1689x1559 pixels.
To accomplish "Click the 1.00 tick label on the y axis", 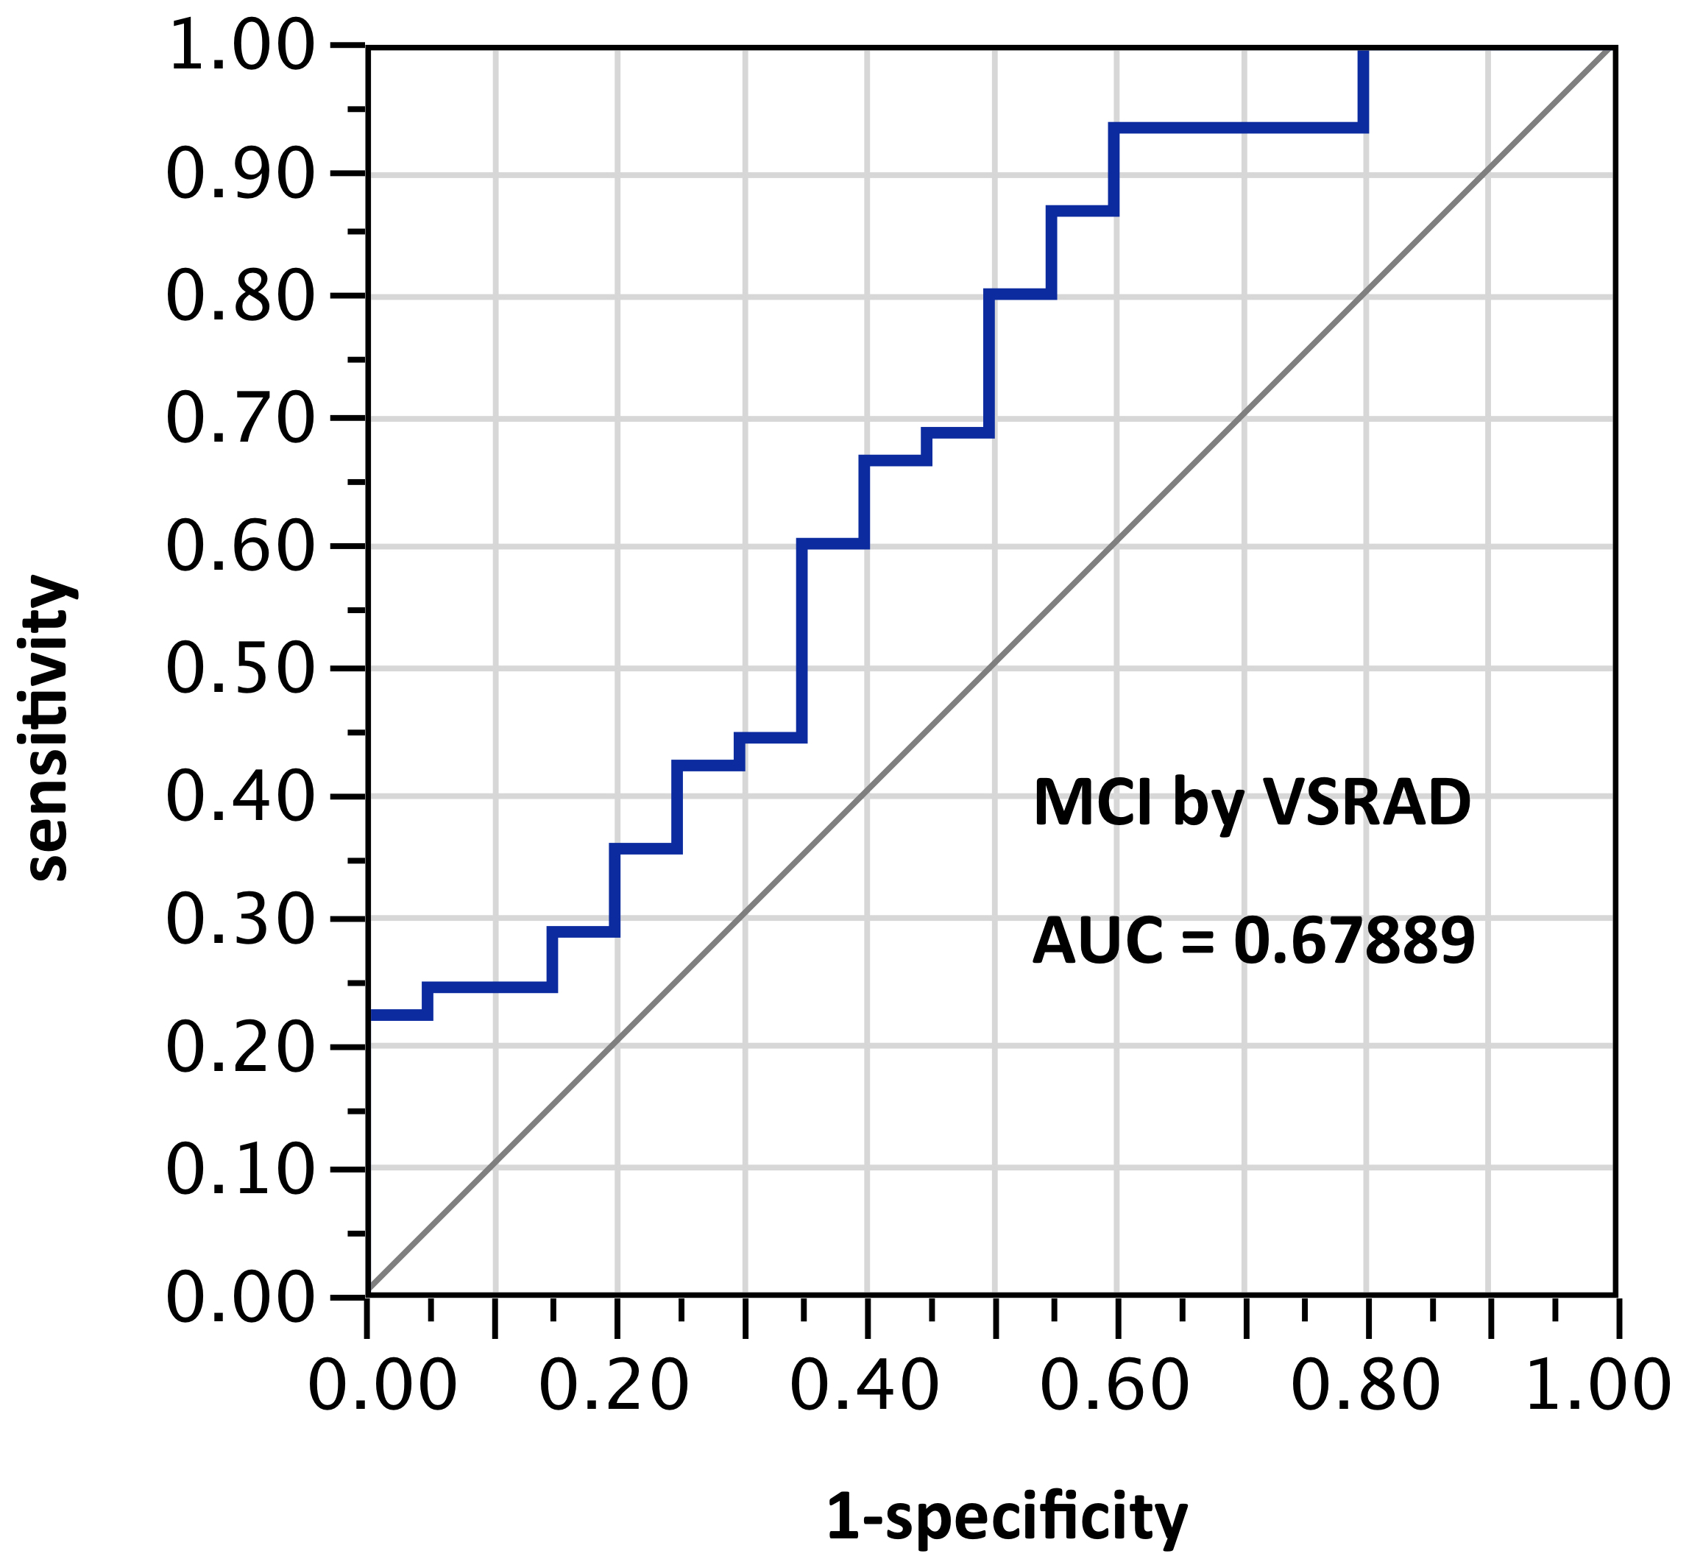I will [x=241, y=47].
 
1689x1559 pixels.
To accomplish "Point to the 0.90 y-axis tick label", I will [x=241, y=175].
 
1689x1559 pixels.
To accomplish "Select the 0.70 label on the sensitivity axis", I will [x=241, y=420].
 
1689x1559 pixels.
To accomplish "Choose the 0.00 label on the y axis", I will [x=241, y=1298].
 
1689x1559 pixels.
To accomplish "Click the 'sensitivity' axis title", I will [x=49, y=729].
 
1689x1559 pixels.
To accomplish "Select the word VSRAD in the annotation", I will [x=1367, y=802].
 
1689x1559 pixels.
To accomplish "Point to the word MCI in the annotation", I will [x=1093, y=802].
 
